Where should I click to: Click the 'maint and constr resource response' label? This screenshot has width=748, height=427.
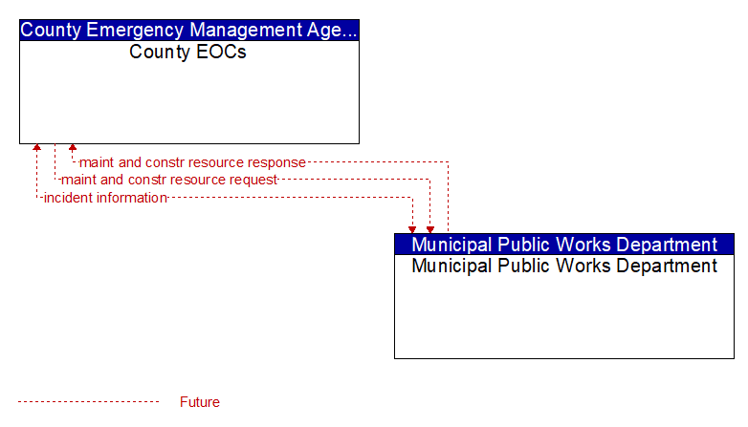[192, 162]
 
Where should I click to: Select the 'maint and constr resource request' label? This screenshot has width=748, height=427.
[169, 180]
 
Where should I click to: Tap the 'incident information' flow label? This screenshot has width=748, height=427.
[105, 198]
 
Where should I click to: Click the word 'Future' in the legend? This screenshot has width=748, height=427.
[199, 402]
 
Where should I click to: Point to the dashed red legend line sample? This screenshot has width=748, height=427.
[88, 402]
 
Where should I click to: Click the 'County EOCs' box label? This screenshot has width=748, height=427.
[187, 52]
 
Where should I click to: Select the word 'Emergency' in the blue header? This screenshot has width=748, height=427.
[135, 30]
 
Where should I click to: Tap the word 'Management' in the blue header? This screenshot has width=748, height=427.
[246, 30]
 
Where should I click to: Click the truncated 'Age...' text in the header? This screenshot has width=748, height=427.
[332, 30]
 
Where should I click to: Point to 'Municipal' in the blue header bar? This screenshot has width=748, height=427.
[451, 245]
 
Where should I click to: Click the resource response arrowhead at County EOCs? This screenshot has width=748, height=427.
[73, 147]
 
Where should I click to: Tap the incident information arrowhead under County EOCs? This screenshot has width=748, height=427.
[36, 147]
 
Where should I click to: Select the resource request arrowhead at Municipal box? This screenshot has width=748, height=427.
[430, 230]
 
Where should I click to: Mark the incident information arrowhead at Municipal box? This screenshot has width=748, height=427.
[412, 230]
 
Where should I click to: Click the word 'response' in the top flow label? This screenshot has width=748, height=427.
[276, 162]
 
